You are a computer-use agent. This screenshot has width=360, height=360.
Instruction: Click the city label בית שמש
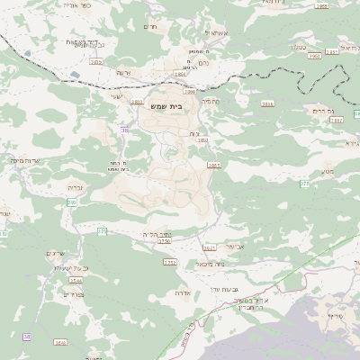click(x=169, y=104)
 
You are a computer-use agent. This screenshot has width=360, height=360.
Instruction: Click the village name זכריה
click(x=76, y=187)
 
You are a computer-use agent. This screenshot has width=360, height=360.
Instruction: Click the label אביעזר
click(x=234, y=246)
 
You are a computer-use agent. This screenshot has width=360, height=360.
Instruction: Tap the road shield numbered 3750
click(x=164, y=240)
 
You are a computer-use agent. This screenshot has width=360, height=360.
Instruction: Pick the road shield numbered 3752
click(x=169, y=263)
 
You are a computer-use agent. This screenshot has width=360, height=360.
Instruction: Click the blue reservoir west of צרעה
click(x=30, y=54)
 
